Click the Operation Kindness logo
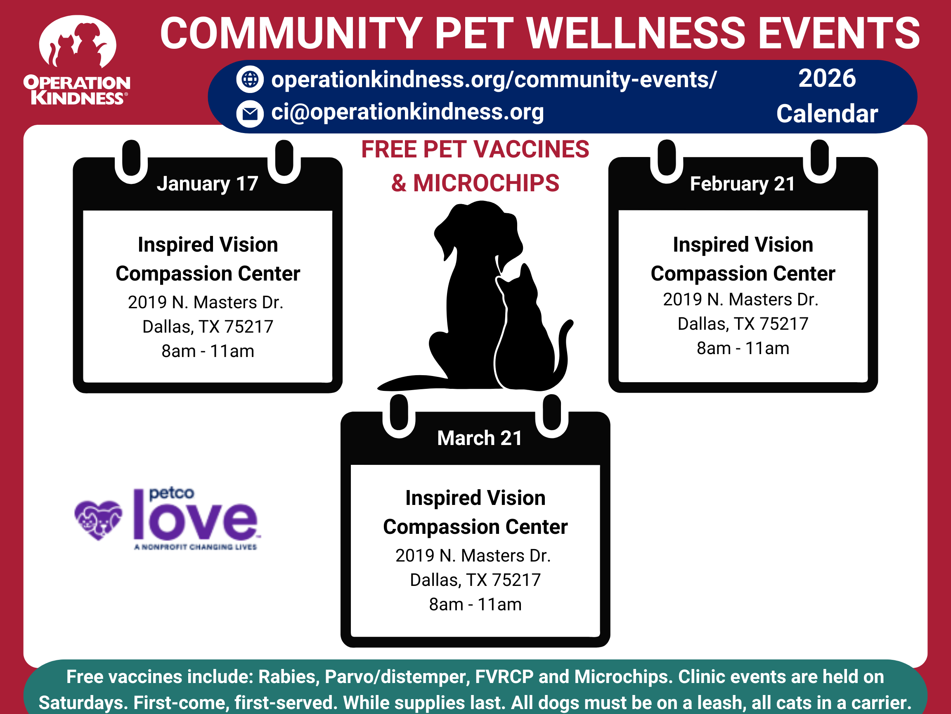coord(77,60)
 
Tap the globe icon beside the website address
coord(250,79)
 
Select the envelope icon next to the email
coord(250,114)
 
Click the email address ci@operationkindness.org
coord(407,112)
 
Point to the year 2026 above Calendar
coord(827,79)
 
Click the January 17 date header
coord(207,184)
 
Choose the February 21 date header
coord(743,184)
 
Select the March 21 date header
coord(479,438)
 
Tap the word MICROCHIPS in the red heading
coord(486,183)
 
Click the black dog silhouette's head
coord(477,232)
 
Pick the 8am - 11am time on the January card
coord(208,351)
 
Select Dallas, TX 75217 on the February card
coord(743,324)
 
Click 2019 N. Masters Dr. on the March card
coord(473,556)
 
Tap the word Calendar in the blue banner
coord(827,114)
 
